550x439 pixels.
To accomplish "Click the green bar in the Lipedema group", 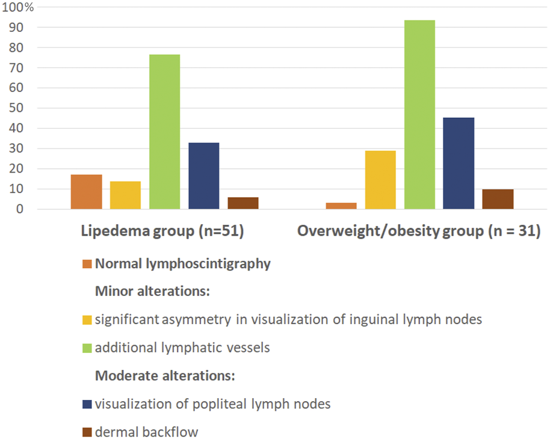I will coord(164,132).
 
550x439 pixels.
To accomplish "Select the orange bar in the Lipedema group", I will coord(86,192).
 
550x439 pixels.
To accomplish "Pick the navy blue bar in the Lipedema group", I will coord(203,176).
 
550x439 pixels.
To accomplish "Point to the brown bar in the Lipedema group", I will coord(243,203).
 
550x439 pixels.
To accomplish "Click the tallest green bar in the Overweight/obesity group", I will coord(419,115).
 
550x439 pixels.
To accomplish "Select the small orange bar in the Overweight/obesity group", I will coord(341,206).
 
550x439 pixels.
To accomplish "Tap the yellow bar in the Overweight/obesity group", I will coord(380,180).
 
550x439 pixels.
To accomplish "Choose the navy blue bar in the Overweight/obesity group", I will coord(459,164).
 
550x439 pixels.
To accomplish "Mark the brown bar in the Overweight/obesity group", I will coord(498,199).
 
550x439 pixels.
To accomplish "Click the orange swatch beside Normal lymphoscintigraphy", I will coord(86,263).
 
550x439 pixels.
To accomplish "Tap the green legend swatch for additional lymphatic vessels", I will coord(86,348).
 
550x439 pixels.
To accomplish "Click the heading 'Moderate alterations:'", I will coord(164,376).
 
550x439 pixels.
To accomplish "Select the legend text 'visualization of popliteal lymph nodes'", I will coord(212,404).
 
